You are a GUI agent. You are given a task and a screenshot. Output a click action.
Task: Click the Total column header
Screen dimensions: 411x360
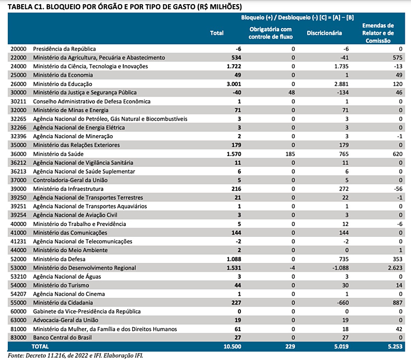coord(217,33)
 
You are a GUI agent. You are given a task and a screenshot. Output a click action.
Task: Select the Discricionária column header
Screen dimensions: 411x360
coord(324,33)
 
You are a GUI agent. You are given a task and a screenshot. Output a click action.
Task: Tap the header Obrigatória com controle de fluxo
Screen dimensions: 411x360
coord(271,33)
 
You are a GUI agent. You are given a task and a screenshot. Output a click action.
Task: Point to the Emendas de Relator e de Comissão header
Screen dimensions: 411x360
coord(378,33)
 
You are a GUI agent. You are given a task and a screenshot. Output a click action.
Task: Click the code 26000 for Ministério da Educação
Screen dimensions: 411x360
coord(18,84)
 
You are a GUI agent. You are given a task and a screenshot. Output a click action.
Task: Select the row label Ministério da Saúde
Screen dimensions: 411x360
coord(58,154)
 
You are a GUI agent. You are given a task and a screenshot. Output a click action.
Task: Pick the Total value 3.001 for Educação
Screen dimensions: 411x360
coord(234,84)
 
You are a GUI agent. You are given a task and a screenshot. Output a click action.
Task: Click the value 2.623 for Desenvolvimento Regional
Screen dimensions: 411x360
coord(395,268)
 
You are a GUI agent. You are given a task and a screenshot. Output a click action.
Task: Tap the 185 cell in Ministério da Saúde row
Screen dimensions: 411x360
coord(290,154)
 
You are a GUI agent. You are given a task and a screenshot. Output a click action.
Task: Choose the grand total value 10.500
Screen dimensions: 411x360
coord(232,346)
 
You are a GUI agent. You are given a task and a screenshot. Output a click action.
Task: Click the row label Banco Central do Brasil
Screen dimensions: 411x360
coord(62,337)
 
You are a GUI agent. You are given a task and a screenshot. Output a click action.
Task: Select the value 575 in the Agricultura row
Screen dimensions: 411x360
coord(398,58)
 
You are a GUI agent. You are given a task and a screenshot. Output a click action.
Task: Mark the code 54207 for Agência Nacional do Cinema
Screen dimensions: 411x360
coord(18,294)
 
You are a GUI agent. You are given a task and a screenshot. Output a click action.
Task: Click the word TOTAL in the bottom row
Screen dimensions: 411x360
coord(40,346)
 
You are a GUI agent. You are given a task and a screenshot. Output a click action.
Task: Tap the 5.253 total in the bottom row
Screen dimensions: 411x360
coord(395,346)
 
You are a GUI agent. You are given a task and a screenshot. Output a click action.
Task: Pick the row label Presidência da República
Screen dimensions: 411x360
coord(65,49)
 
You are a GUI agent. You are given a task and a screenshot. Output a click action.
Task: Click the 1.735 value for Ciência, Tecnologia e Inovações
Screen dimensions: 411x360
coord(342,66)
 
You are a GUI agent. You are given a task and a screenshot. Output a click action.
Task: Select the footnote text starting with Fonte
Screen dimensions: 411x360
coord(76,355)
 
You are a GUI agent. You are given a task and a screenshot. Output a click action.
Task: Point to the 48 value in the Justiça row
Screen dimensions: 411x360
coord(291,92)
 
